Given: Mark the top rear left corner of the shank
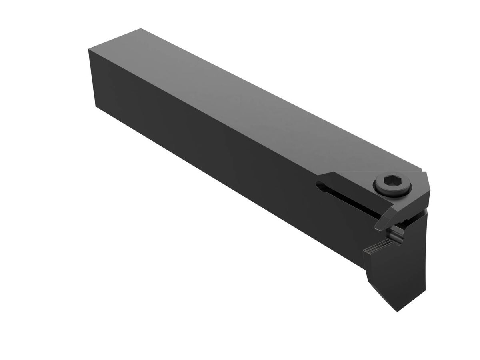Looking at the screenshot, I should click(88, 49).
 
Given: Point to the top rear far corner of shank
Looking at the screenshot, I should click(140, 29).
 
